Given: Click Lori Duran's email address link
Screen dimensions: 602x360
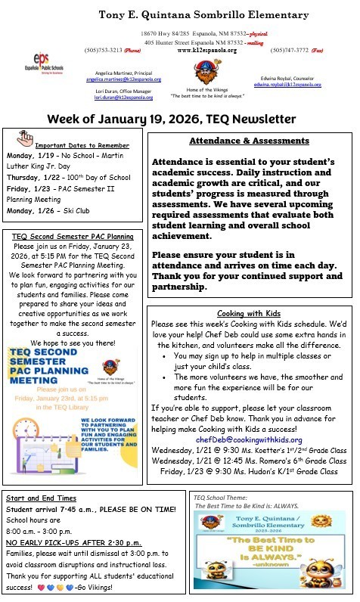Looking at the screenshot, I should click(x=123, y=98).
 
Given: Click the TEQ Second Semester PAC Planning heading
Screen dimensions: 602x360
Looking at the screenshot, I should click(x=73, y=236).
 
